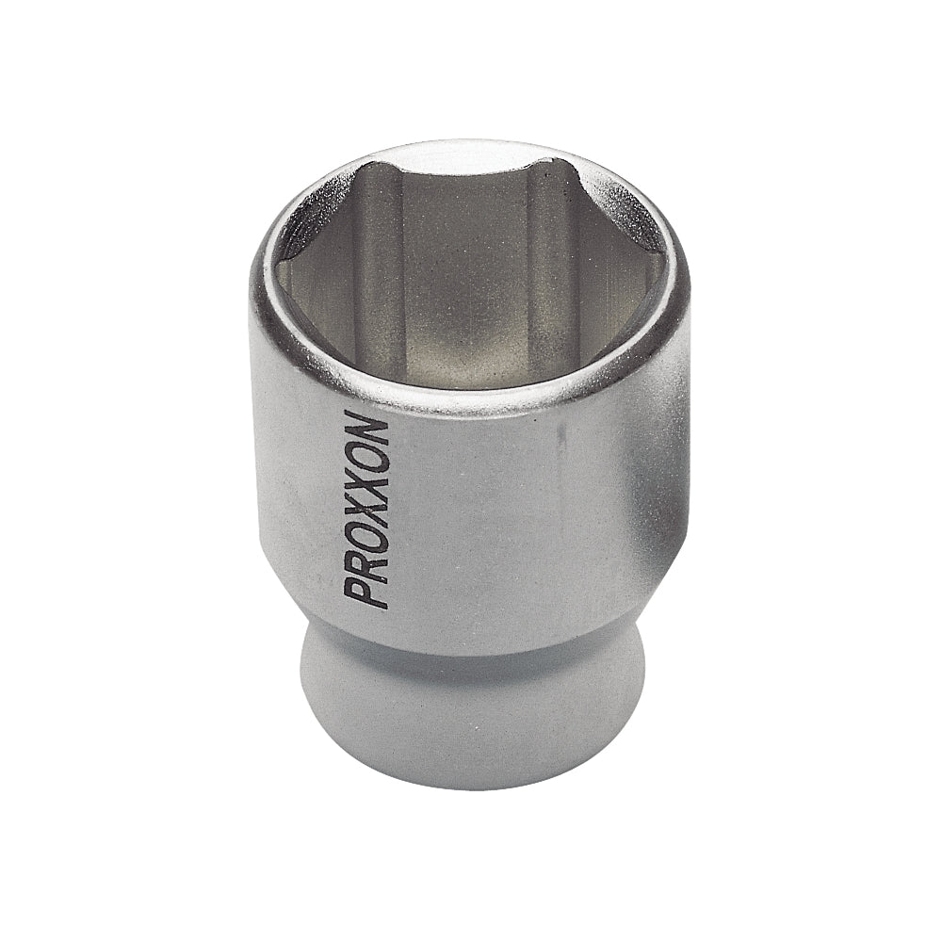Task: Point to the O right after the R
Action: [x=365, y=534]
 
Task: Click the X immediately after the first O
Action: [x=367, y=507]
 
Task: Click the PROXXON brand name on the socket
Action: [x=367, y=509]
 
